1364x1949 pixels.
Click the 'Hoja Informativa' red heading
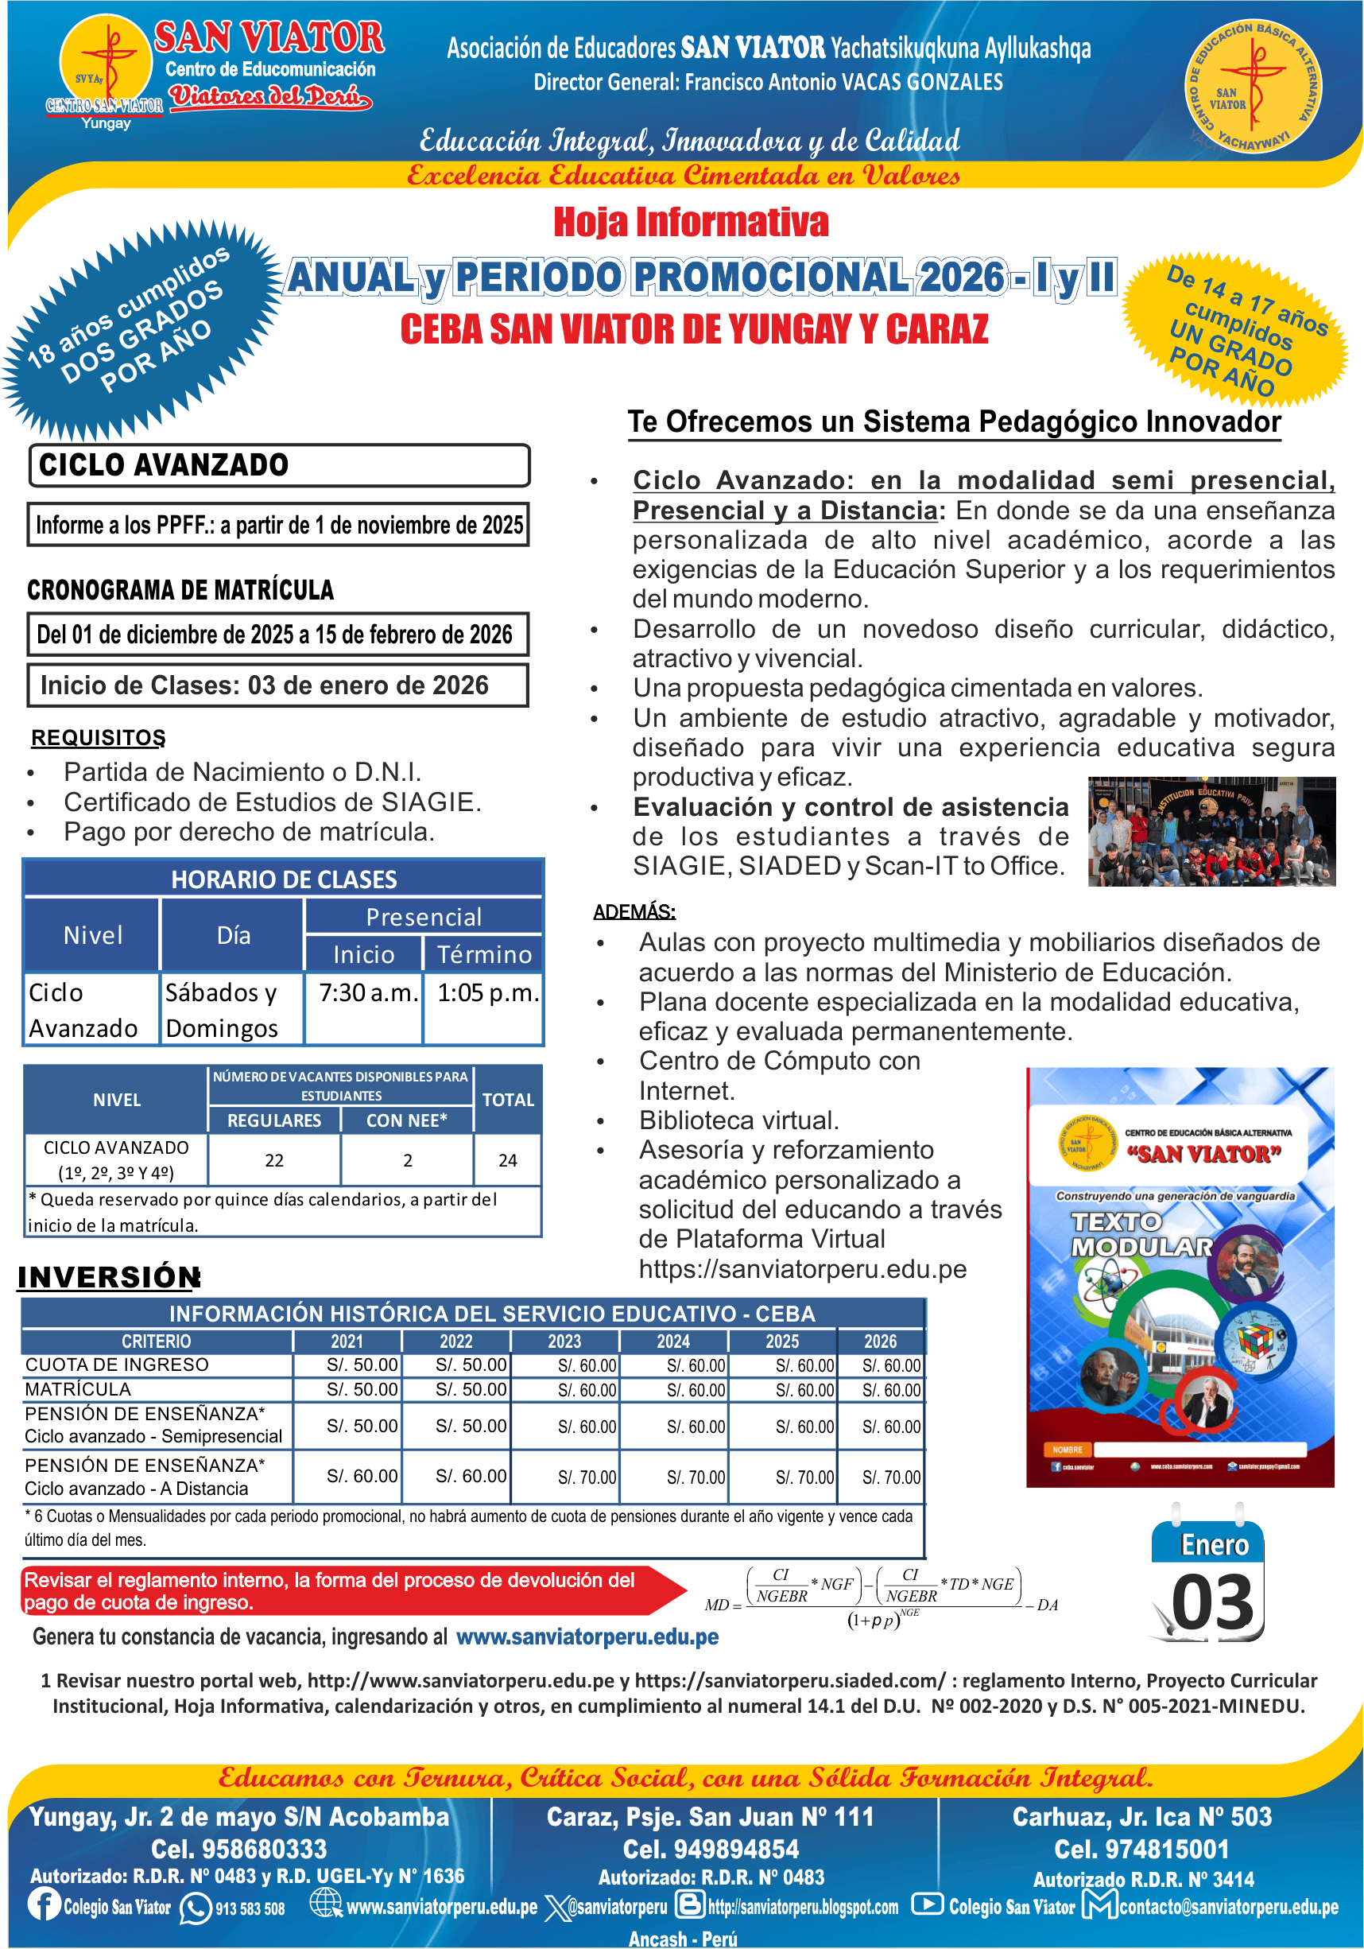690,223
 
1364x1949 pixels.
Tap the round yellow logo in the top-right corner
1252,87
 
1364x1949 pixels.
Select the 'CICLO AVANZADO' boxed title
164,465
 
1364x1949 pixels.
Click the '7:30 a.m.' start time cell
368,993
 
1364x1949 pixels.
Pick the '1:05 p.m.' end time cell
487,993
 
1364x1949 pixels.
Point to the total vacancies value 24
508,1160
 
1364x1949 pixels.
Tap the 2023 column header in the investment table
564,1341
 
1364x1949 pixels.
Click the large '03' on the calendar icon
1211,1602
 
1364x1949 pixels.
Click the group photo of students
1211,832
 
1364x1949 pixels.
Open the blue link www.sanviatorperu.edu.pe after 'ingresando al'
587,1637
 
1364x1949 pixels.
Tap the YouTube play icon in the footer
928,1904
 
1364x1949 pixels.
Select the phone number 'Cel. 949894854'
711,1849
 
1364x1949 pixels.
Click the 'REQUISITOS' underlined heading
98,738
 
